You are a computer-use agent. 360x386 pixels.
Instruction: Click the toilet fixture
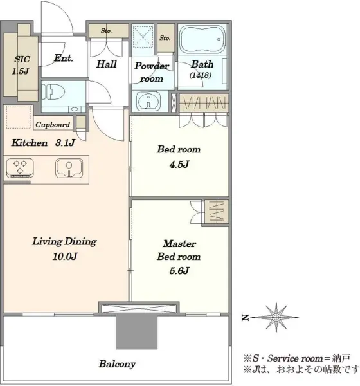pyautogui.click(x=53, y=92)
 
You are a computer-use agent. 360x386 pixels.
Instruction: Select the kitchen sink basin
pyautogui.click(x=69, y=169)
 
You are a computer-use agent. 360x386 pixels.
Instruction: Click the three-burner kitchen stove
pyautogui.click(x=20, y=168)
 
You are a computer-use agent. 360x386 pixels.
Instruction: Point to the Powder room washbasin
pyautogui.click(x=148, y=101)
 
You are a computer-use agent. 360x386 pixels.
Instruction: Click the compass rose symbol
pyautogui.click(x=276, y=317)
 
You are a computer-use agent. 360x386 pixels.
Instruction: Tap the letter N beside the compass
pyautogui.click(x=245, y=318)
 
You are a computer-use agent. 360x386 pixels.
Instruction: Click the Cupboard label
pyautogui.click(x=53, y=125)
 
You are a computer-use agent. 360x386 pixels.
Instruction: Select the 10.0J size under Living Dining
pyautogui.click(x=65, y=257)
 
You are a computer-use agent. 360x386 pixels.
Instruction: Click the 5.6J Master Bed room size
pyautogui.click(x=179, y=271)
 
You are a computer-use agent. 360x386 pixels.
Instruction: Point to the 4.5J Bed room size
pyautogui.click(x=179, y=164)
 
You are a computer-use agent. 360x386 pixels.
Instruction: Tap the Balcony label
pyautogui.click(x=117, y=364)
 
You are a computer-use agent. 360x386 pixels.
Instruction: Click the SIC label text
pyautogui.click(x=22, y=59)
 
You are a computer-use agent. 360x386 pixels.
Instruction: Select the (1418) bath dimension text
pyautogui.click(x=201, y=75)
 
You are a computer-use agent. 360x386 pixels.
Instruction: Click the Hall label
pyautogui.click(x=106, y=64)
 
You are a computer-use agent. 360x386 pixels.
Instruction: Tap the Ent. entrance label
pyautogui.click(x=64, y=59)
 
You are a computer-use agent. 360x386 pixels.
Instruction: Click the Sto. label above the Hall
pyautogui.click(x=106, y=31)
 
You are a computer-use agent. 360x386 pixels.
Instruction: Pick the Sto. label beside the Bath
pyautogui.click(x=165, y=38)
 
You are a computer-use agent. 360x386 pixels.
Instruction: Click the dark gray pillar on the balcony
pyautogui.click(x=136, y=332)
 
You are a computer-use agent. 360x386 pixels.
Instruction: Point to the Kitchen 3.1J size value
pyautogui.click(x=65, y=143)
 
